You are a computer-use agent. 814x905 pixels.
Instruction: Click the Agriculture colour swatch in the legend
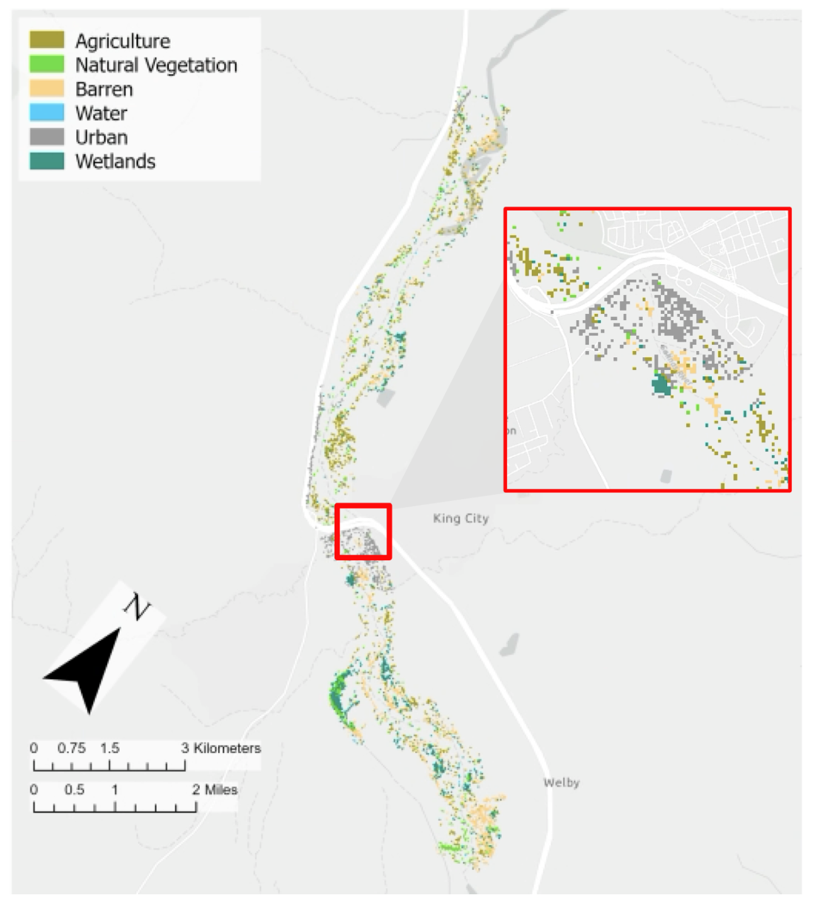[47, 40]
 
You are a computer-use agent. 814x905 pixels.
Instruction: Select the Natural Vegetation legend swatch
[47, 64]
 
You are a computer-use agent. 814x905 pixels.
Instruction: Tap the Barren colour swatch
[47, 88]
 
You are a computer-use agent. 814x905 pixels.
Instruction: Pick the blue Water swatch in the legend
[47, 112]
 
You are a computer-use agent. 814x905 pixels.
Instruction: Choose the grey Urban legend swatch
[47, 137]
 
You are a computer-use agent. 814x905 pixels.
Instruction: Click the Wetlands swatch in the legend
[47, 161]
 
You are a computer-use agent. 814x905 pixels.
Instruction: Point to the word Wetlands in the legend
[115, 161]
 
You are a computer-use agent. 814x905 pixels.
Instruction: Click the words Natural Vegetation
[156, 65]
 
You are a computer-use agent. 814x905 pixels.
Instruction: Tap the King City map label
[461, 518]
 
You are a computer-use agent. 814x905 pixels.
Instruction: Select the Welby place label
[561, 782]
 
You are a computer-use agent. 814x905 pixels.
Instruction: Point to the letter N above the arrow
[137, 606]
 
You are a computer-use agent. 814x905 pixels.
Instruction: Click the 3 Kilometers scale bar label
[221, 748]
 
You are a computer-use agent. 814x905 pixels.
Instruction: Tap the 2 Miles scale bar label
[215, 790]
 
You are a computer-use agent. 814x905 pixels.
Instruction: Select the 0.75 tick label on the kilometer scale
[71, 748]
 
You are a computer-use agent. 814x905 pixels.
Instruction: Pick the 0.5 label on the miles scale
[74, 790]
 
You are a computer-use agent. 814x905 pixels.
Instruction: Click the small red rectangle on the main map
[363, 531]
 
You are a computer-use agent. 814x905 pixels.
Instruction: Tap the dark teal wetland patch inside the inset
[661, 384]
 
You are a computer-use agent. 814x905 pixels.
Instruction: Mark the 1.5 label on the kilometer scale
[110, 748]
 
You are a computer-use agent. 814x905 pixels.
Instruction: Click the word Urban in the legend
[101, 137]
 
